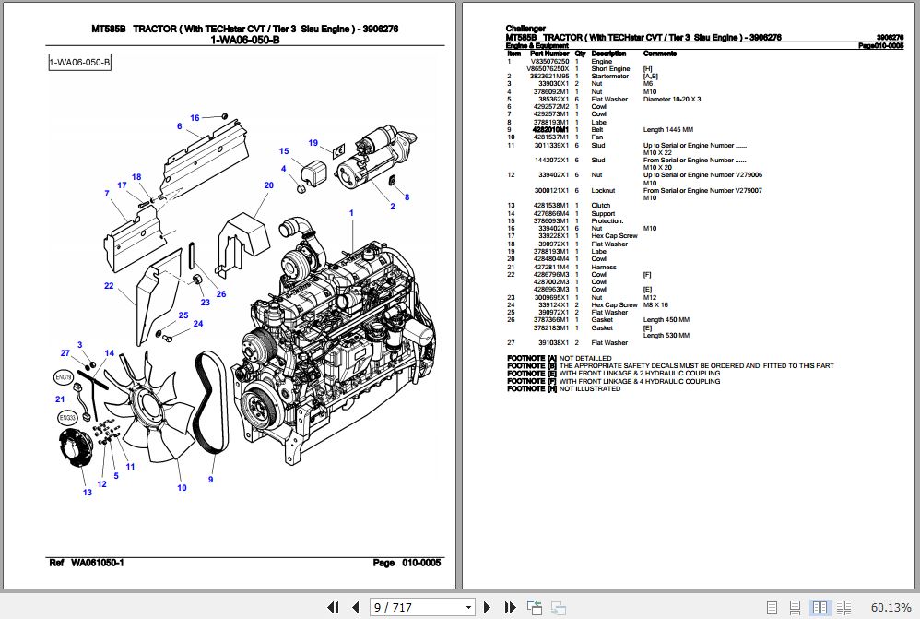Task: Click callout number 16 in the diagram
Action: tap(195, 118)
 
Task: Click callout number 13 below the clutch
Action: tap(88, 493)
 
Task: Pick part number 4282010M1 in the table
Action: tap(551, 130)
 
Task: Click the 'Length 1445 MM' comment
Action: tap(669, 130)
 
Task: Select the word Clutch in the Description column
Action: tap(601, 206)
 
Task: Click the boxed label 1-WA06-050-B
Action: tap(80, 63)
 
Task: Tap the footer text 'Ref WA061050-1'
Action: tap(86, 563)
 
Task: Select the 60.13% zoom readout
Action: tap(891, 607)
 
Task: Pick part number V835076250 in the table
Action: tap(550, 62)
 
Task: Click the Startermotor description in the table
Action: tap(610, 77)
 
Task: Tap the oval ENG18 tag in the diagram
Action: tap(64, 377)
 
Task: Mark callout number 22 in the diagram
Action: tap(108, 287)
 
